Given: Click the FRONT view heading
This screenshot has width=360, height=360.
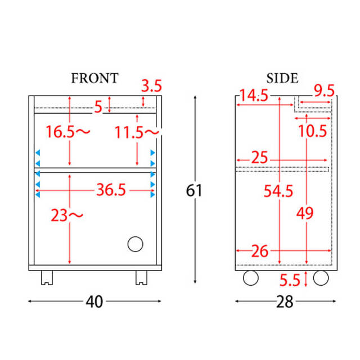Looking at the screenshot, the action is pyautogui.click(x=94, y=78).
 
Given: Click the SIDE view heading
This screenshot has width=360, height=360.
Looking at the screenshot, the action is pyautogui.click(x=282, y=78).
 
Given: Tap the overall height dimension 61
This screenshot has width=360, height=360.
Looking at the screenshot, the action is pyautogui.click(x=193, y=191).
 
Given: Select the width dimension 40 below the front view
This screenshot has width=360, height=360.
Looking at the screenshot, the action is pyautogui.click(x=94, y=301).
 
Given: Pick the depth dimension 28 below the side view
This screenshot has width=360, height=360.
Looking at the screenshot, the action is pyautogui.click(x=285, y=301).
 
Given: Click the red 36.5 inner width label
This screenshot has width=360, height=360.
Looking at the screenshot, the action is pyautogui.click(x=111, y=190).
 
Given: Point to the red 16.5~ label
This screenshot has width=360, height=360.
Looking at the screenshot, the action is pyautogui.click(x=68, y=132).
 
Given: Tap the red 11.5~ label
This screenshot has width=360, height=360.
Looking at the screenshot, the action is pyautogui.click(x=137, y=132).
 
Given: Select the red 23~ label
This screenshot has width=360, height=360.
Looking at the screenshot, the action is pyautogui.click(x=67, y=215).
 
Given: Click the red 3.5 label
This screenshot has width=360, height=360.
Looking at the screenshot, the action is pyautogui.click(x=151, y=86).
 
